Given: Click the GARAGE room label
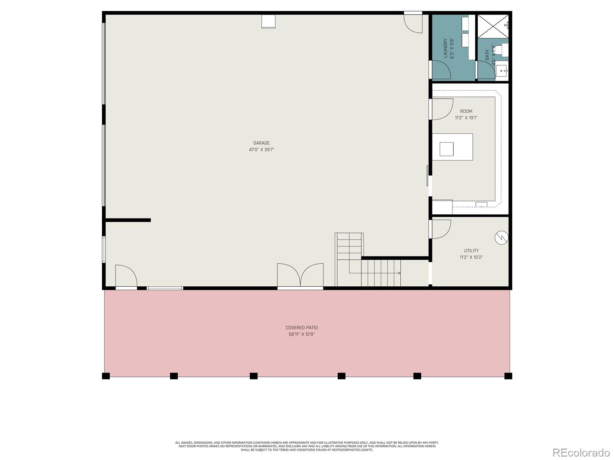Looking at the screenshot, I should pos(261,143).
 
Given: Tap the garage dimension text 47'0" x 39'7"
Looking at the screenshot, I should pos(261,150).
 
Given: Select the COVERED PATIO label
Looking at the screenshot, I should pos(302,328).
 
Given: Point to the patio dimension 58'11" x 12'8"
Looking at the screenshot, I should pos(302,334).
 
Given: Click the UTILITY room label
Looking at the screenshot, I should pos(471,251).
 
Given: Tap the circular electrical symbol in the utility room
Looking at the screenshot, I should pos(502,238).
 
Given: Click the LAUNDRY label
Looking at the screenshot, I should pos(446,48).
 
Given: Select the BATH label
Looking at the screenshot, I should pos(487,55).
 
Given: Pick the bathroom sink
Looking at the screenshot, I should pos(502,71).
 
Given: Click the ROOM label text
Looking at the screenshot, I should pos(466,111).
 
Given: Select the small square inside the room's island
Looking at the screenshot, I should pos(446,149).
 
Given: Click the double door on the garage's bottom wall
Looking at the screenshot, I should pos(300,275).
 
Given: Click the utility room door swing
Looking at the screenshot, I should pos(441,229).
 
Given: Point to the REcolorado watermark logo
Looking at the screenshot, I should pos(581,452).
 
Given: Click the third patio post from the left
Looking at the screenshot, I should pos(254,376).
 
